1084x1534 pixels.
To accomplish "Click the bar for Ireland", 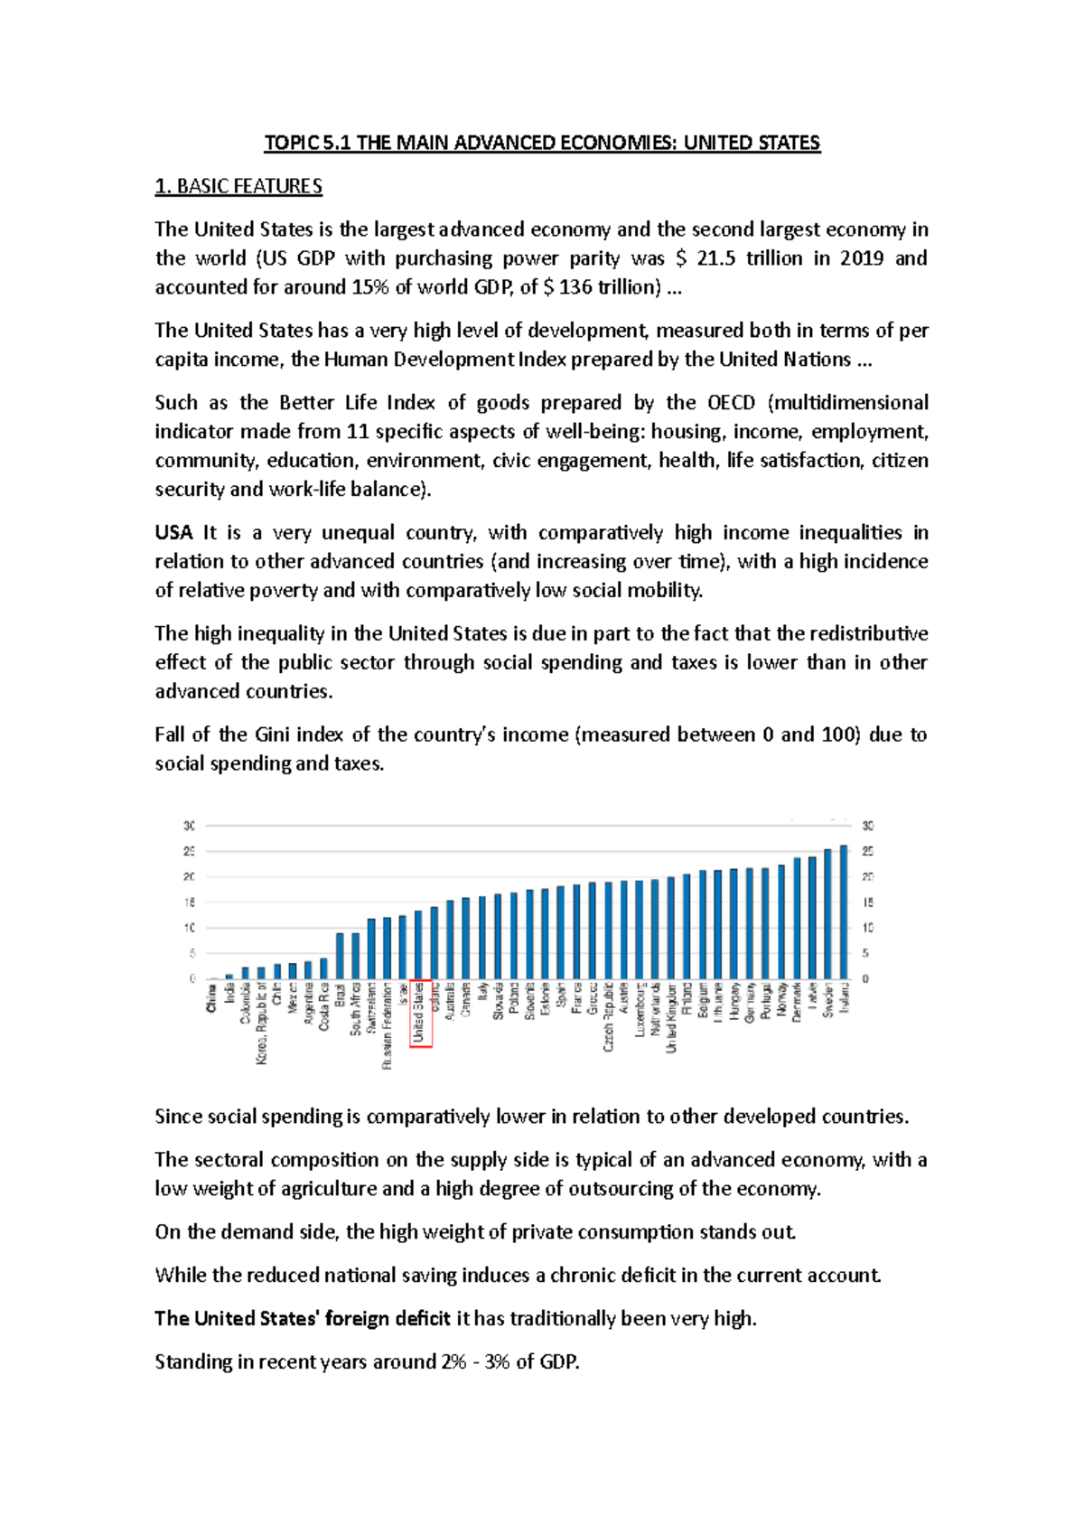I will pos(844,912).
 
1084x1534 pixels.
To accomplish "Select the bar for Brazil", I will pos(340,956).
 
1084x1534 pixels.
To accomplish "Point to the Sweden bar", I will pos(828,914).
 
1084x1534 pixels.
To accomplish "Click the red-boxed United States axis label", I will pos(421,1013).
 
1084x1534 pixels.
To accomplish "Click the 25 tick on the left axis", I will pos(190,851).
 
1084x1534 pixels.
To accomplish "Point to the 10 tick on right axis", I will pos(868,928).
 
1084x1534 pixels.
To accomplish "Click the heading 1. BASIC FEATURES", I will pos(238,186).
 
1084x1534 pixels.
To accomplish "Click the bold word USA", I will pos(173,532).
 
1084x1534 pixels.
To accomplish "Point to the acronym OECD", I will pos(731,402).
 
